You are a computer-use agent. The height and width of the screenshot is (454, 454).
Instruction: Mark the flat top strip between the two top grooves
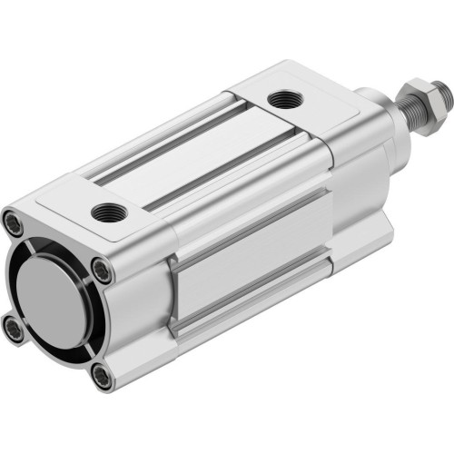tap(195, 154)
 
